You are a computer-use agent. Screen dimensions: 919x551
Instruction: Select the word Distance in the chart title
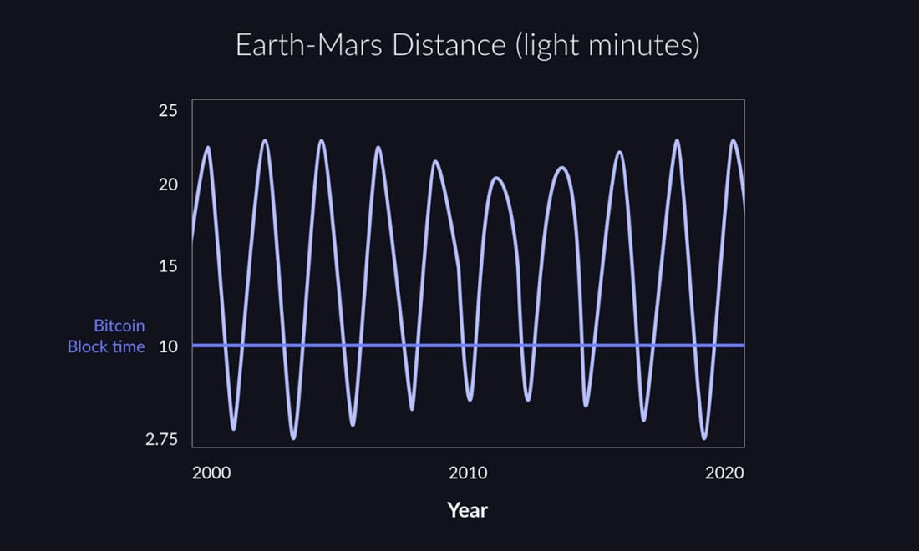pyautogui.click(x=449, y=45)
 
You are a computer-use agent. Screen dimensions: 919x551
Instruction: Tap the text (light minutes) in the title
pyautogui.click(x=607, y=46)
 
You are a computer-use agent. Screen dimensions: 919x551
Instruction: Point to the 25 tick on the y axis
pyautogui.click(x=168, y=111)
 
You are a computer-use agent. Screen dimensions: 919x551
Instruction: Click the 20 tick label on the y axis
pyautogui.click(x=168, y=185)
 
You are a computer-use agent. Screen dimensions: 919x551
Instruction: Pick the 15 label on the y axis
pyautogui.click(x=168, y=266)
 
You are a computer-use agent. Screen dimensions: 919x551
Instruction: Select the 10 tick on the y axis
pyautogui.click(x=168, y=346)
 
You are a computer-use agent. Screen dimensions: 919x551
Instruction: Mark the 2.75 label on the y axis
pyautogui.click(x=162, y=440)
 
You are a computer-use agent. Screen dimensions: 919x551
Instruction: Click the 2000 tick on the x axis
pyautogui.click(x=211, y=473)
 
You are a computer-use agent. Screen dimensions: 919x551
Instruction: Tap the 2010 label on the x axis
pyautogui.click(x=468, y=473)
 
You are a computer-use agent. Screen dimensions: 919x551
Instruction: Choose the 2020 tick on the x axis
pyautogui.click(x=724, y=473)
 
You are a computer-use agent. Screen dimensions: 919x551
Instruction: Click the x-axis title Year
pyautogui.click(x=467, y=511)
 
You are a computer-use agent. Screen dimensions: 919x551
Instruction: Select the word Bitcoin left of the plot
pyautogui.click(x=119, y=326)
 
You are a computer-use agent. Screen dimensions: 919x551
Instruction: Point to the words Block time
pyautogui.click(x=106, y=346)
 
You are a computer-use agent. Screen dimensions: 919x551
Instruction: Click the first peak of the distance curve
pyautogui.click(x=207, y=148)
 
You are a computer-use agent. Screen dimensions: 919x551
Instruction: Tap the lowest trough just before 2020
pyautogui.click(x=704, y=437)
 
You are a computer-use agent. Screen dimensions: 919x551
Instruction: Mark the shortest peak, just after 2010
pyautogui.click(x=496, y=178)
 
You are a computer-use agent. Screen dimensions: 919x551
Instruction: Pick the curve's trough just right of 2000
pyautogui.click(x=234, y=428)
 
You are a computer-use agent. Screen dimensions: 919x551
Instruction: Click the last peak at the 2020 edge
pyautogui.click(x=734, y=140)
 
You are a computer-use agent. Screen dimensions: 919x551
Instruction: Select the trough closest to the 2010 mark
pyautogui.click(x=470, y=399)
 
